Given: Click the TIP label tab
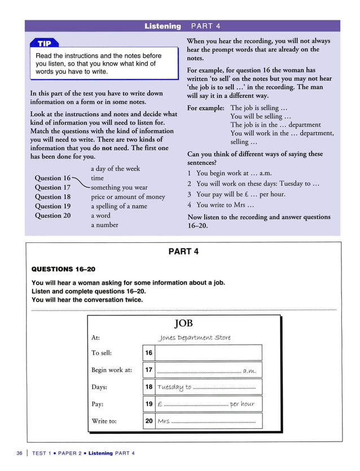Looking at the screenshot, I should pos(44,43).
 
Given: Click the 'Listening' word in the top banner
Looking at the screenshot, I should pos(163,26).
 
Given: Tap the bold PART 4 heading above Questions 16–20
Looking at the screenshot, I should pos(183,251).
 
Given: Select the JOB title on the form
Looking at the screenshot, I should pos(184,323).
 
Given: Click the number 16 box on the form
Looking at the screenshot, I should pos(148,353).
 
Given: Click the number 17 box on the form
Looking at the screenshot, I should pos(148,370).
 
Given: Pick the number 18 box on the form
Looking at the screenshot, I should pos(148,387).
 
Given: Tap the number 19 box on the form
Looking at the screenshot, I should pos(148,404).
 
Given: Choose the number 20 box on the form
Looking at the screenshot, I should pos(148,421).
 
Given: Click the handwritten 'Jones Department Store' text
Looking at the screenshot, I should pos(195,338).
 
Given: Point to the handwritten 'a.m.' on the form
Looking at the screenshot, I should pos(249,371).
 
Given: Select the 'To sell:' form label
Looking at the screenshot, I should pos(102,353).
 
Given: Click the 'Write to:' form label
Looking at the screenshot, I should pos(104,421).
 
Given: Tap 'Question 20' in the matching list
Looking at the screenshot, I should pos(52,216).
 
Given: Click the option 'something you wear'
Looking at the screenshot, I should pos(119,187).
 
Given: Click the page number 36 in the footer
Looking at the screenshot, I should pos(20,453).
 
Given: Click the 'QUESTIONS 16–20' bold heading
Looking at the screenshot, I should pos(60,269).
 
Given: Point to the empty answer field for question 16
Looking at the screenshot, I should pos(208,353).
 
